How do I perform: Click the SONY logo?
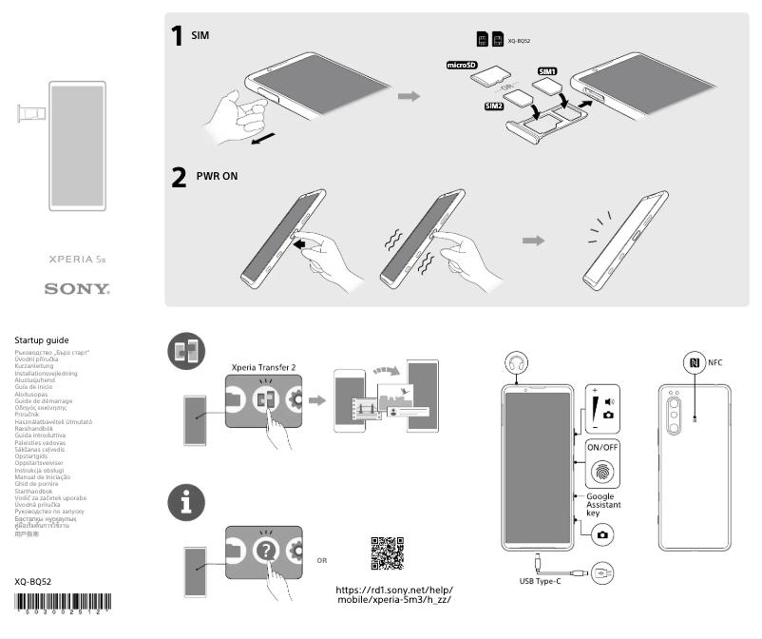[x=78, y=287]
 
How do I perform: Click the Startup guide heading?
[x=42, y=339]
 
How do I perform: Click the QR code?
[x=387, y=552]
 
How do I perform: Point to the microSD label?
[x=462, y=66]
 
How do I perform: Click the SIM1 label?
[x=548, y=71]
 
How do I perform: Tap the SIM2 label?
[x=494, y=106]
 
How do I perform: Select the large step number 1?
[x=177, y=36]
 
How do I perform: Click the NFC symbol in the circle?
[x=694, y=362]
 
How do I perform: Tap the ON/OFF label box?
[x=602, y=446]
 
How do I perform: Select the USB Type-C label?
[x=540, y=580]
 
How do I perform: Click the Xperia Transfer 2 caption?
[x=264, y=365]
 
